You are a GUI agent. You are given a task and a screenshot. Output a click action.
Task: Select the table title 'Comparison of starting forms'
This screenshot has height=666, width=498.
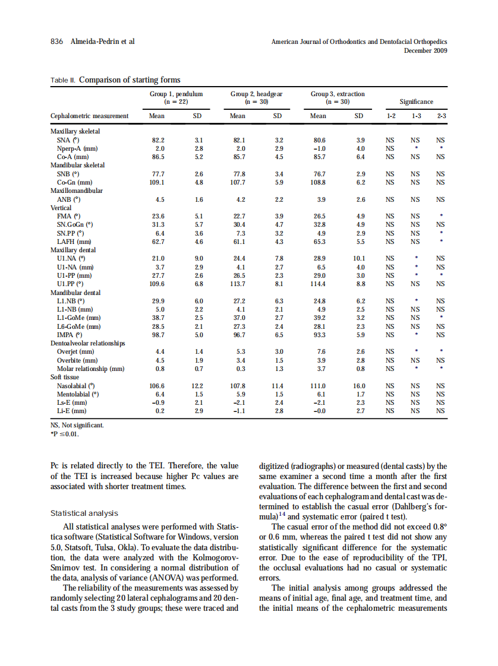[130, 80]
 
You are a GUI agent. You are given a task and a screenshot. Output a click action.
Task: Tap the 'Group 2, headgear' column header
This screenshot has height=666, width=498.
[256, 94]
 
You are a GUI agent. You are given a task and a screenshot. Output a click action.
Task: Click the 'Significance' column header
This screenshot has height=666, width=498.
[416, 102]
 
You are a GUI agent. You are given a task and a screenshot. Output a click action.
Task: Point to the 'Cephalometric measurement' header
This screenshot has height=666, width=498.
[89, 116]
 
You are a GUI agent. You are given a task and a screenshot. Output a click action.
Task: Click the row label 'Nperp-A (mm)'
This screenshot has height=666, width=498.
[77, 148]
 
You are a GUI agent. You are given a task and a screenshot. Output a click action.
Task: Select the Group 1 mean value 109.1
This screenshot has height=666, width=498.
[159, 183]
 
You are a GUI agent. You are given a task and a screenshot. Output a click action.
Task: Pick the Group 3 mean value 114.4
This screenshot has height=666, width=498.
[319, 284]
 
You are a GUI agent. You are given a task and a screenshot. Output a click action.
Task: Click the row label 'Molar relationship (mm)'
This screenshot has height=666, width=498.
[90, 369]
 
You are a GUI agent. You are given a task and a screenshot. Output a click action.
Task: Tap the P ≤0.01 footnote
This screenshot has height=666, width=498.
[65, 433]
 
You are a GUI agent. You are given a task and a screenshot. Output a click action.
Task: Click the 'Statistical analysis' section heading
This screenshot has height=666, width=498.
[84, 513]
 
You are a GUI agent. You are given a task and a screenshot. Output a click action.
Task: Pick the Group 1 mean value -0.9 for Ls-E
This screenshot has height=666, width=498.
[159, 402]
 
